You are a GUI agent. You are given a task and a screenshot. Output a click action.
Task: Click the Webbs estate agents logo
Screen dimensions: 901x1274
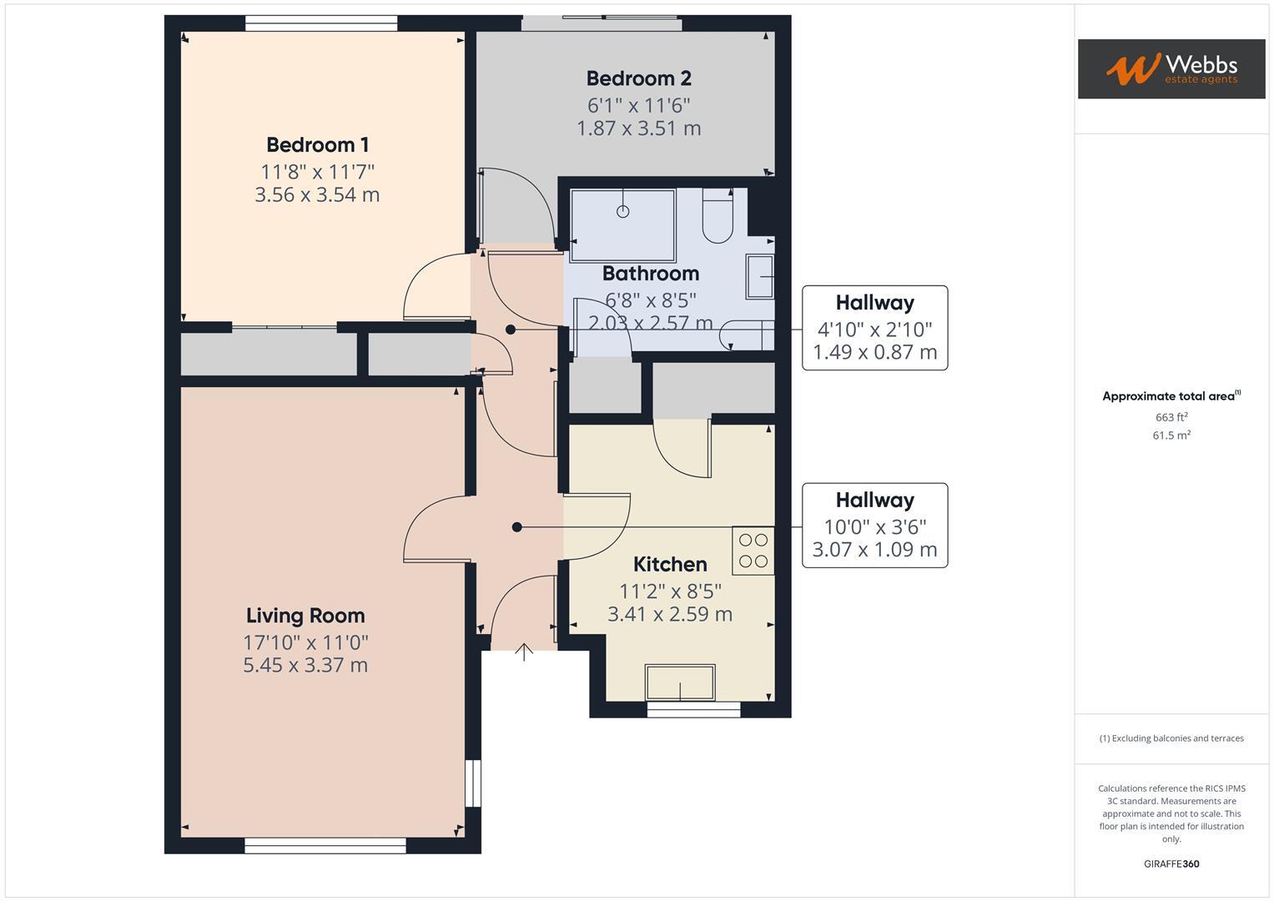[1171, 69]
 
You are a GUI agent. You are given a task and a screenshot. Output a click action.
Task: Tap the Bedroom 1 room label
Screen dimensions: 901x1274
[317, 145]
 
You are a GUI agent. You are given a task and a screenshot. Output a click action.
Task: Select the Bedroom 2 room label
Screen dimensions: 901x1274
[638, 78]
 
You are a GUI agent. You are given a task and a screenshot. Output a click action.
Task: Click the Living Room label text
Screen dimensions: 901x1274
[305, 616]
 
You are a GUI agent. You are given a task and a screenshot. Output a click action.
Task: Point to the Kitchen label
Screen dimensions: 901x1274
[670, 564]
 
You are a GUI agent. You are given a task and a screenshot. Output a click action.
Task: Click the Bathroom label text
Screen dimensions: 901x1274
[650, 274]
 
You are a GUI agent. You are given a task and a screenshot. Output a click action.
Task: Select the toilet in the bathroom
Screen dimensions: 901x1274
[718, 217]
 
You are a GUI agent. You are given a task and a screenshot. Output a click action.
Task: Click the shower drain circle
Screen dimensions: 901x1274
[622, 211]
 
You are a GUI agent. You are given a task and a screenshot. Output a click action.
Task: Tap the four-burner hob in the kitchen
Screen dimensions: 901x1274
[753, 551]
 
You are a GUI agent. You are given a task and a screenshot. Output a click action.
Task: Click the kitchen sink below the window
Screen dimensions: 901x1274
[680, 682]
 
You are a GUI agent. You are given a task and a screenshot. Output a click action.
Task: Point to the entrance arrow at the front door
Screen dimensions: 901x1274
[524, 652]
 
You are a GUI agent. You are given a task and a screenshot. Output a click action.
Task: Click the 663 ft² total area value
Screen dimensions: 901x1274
[1171, 417]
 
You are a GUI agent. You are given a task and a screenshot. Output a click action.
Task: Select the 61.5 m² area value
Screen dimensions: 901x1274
[1171, 435]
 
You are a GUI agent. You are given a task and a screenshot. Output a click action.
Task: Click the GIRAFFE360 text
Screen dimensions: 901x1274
[1171, 864]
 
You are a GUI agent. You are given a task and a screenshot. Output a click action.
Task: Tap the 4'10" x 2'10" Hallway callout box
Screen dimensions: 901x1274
[874, 328]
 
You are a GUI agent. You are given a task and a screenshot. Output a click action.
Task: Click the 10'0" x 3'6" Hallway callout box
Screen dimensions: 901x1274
[874, 526]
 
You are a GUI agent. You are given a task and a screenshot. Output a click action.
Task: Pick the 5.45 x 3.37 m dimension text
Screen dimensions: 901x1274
[305, 666]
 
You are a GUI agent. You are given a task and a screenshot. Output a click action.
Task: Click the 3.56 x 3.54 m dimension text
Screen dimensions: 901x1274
[317, 195]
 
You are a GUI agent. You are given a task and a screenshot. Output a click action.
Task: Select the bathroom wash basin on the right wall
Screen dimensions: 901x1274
[760, 277]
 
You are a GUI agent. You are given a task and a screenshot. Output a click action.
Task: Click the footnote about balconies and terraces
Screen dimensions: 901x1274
[1171, 738]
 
